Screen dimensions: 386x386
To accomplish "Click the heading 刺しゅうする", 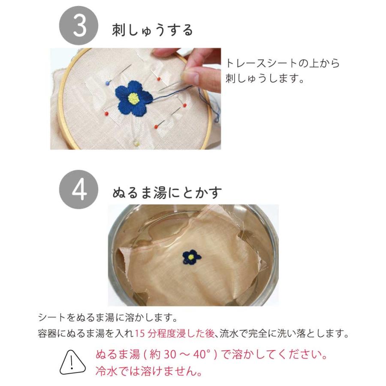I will [x=152, y=30].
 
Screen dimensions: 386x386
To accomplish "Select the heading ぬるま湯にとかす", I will [x=167, y=193].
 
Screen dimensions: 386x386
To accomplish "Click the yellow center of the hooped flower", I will [x=133, y=99].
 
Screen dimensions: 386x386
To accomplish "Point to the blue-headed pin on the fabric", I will [x=107, y=81].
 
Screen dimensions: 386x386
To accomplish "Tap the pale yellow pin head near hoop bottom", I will [x=136, y=142].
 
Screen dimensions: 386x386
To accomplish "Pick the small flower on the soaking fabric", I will [x=191, y=257].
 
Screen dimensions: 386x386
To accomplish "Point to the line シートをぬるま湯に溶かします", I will [x=108, y=319].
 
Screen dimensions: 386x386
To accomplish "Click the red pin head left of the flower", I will [x=106, y=113].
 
